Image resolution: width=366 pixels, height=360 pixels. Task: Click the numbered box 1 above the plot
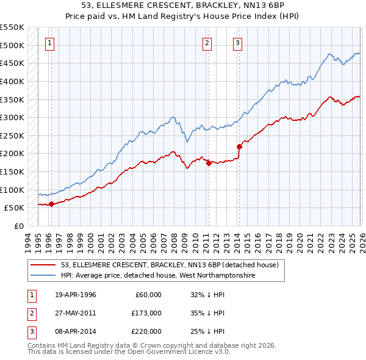point(49,43)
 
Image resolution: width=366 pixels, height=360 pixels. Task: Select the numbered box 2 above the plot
point(207,43)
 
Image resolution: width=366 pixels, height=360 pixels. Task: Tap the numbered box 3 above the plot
point(237,43)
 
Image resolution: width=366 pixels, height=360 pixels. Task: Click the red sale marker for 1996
point(51,204)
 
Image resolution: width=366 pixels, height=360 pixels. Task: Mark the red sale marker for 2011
point(209,163)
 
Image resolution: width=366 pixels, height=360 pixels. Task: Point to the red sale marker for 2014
point(239,146)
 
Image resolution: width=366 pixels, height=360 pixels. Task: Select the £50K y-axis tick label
point(15,208)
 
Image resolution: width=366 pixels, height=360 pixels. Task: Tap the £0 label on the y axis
point(18,226)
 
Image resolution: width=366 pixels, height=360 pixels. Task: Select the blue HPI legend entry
point(159,276)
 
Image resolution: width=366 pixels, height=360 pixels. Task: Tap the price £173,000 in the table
point(146,313)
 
